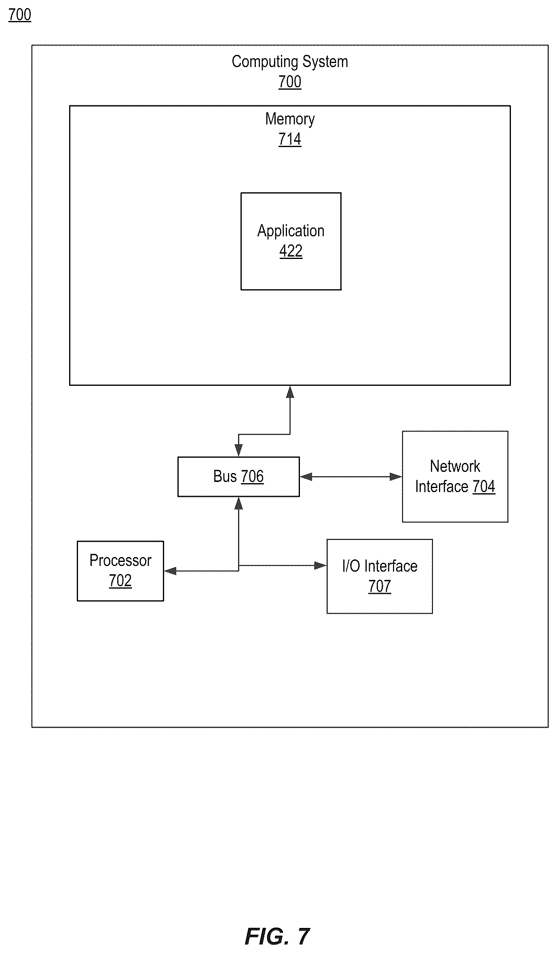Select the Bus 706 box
coord(238,477)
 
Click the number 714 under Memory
coord(290,139)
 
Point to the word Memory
coord(290,119)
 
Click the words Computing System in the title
coord(290,62)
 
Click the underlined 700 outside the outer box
coord(20,15)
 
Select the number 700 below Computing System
coord(290,82)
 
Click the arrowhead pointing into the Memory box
coord(290,392)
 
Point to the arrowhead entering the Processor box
coord(170,571)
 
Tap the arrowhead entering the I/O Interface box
coord(321,566)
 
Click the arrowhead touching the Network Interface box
coord(396,477)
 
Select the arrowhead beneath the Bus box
coord(238,503)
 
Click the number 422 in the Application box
coord(291,251)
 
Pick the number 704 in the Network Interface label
coord(484,487)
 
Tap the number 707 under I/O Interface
coord(380,587)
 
